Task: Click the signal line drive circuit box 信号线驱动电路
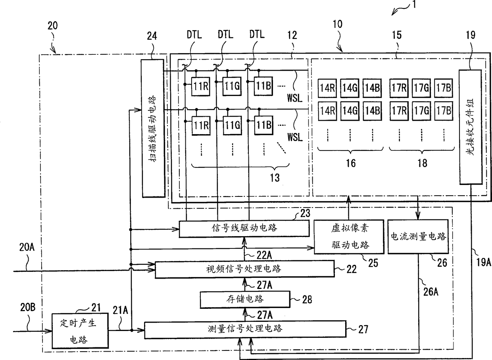pyautogui.click(x=244, y=228)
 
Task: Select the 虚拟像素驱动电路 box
pyautogui.click(x=349, y=237)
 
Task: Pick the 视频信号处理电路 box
pyautogui.click(x=244, y=269)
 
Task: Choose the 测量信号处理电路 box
pyautogui.click(x=244, y=329)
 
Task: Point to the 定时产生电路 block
pyautogui.click(x=75, y=331)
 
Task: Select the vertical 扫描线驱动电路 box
pyautogui.click(x=153, y=128)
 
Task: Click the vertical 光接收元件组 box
pyautogui.click(x=470, y=127)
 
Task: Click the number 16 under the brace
pyautogui.click(x=351, y=163)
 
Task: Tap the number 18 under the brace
pyautogui.click(x=423, y=163)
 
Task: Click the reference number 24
pyautogui.click(x=152, y=37)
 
